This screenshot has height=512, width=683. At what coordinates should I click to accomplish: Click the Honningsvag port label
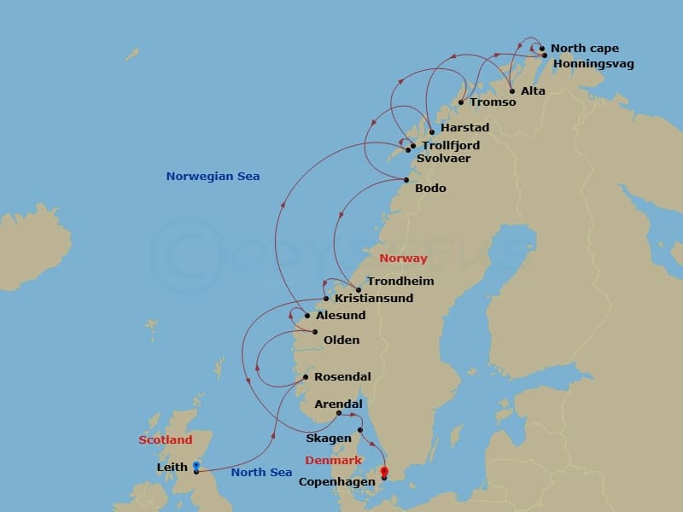click(x=593, y=64)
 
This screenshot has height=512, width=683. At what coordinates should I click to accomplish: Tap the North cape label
click(x=585, y=49)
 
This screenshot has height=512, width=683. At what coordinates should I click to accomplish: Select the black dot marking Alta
click(x=512, y=91)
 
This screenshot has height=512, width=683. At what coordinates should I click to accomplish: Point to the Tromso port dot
click(x=461, y=102)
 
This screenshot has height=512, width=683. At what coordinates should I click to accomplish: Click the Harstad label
click(x=464, y=128)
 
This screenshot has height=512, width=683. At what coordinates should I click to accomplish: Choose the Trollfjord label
click(x=451, y=146)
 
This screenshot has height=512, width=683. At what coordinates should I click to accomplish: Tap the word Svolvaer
click(x=443, y=159)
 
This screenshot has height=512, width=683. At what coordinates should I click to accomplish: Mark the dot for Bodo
click(x=406, y=179)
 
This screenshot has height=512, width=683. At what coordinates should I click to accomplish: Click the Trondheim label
click(x=400, y=282)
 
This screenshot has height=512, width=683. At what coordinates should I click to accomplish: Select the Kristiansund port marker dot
click(x=326, y=299)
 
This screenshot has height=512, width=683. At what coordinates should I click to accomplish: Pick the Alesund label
click(x=341, y=316)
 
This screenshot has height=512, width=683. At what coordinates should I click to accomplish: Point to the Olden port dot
click(x=315, y=332)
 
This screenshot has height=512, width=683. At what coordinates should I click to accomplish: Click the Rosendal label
click(x=342, y=377)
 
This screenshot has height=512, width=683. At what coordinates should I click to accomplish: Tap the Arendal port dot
click(x=339, y=413)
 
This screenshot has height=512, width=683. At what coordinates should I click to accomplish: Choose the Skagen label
click(x=328, y=439)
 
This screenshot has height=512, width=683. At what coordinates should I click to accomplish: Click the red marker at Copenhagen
click(x=384, y=471)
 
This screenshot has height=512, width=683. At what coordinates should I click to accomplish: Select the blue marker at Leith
click(x=196, y=466)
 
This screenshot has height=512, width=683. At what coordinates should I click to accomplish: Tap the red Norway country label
click(x=403, y=259)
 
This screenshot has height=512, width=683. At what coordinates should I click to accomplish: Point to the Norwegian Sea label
click(x=213, y=177)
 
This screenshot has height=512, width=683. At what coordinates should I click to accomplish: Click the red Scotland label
click(x=166, y=440)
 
